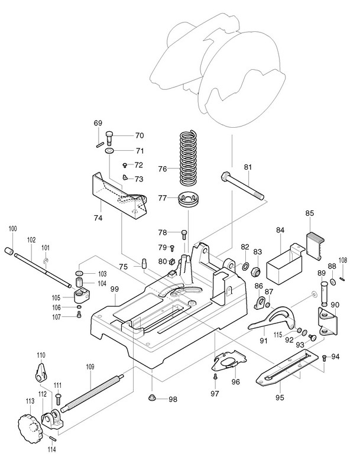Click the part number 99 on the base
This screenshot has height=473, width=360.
(115, 289)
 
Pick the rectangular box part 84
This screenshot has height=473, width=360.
(283, 263)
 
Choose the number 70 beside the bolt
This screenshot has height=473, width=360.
(140, 135)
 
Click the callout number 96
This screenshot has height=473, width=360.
(235, 381)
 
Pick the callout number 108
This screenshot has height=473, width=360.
(342, 260)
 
